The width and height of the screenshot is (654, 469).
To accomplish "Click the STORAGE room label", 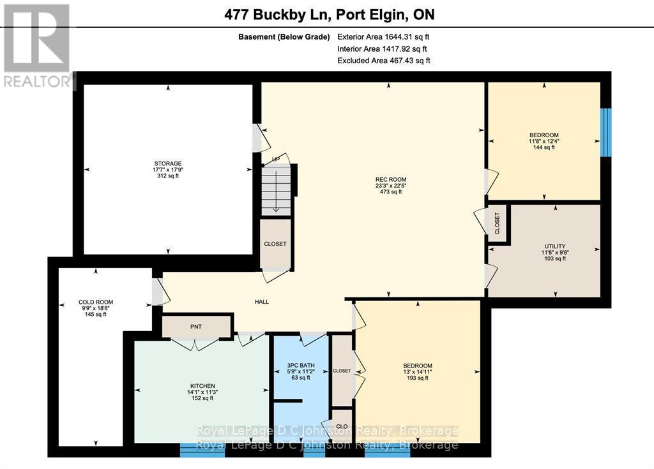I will (167, 164).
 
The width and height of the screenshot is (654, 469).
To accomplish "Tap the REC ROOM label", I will (391, 179).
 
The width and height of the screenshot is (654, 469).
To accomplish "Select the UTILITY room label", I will (555, 246).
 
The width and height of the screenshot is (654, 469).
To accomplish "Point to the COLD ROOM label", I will (96, 302).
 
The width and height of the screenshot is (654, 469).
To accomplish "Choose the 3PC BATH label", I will (300, 365).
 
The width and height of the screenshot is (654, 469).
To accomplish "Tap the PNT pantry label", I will (196, 327).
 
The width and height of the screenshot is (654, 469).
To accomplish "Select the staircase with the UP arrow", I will (278, 188).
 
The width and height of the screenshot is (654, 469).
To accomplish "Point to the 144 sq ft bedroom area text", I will (544, 147).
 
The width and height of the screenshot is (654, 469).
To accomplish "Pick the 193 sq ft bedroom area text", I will (416, 378).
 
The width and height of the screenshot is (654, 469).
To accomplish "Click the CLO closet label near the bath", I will (342, 426).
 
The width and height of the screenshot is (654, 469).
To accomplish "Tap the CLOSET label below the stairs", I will (275, 244).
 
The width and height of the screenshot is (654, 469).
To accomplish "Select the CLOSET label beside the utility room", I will (498, 224).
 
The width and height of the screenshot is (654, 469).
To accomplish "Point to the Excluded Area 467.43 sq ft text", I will (383, 61).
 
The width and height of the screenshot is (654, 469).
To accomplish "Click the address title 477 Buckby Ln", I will (327, 13).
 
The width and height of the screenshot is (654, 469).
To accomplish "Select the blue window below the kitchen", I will (202, 450).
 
